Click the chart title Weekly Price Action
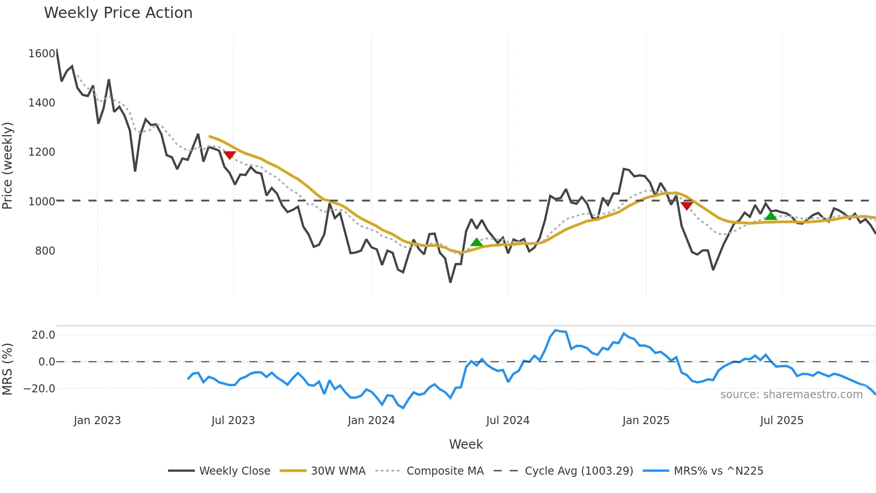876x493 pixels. tap(118, 13)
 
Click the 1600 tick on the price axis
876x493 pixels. tap(42, 54)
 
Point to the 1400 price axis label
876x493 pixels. tap(42, 103)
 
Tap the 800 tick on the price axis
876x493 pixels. tap(45, 251)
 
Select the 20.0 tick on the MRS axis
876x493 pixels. tap(43, 335)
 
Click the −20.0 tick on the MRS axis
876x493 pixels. tap(39, 389)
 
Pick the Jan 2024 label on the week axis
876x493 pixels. tap(371, 421)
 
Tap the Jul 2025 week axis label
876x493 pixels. tap(781, 421)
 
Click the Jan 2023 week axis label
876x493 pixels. tap(97, 421)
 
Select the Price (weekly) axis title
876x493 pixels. tap(7, 166)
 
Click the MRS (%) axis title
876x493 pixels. tap(7, 369)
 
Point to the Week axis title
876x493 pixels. tap(466, 444)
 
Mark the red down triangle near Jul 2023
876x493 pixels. tap(229, 155)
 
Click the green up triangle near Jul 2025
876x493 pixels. tap(771, 216)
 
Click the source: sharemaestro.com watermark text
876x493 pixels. tap(791, 395)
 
